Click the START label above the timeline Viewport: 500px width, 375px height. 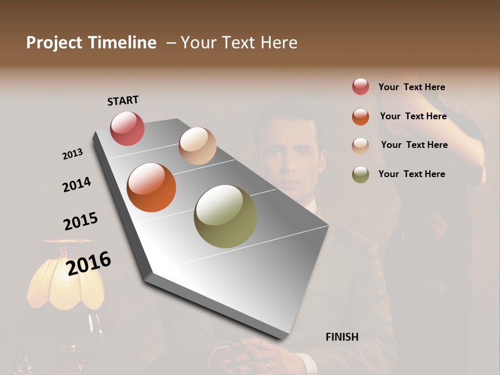(123, 100)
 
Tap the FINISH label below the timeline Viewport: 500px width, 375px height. (342, 337)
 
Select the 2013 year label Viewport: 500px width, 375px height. (72, 154)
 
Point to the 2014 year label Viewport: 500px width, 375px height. (77, 184)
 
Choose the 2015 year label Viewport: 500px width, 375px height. (81, 221)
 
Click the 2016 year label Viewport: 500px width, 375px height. (89, 263)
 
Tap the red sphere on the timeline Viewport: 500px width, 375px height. (127, 128)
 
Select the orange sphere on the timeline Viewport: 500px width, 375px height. (151, 187)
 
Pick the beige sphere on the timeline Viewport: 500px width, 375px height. (197, 146)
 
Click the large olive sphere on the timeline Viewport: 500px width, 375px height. (226, 216)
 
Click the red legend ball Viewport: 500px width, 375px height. (360, 87)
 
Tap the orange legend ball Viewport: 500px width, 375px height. (360, 117)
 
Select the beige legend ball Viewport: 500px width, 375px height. (360, 146)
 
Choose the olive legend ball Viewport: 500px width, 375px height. (360, 174)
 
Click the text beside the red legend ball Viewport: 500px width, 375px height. (411, 87)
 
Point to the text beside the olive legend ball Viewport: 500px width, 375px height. (411, 174)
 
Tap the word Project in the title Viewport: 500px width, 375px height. (54, 43)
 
